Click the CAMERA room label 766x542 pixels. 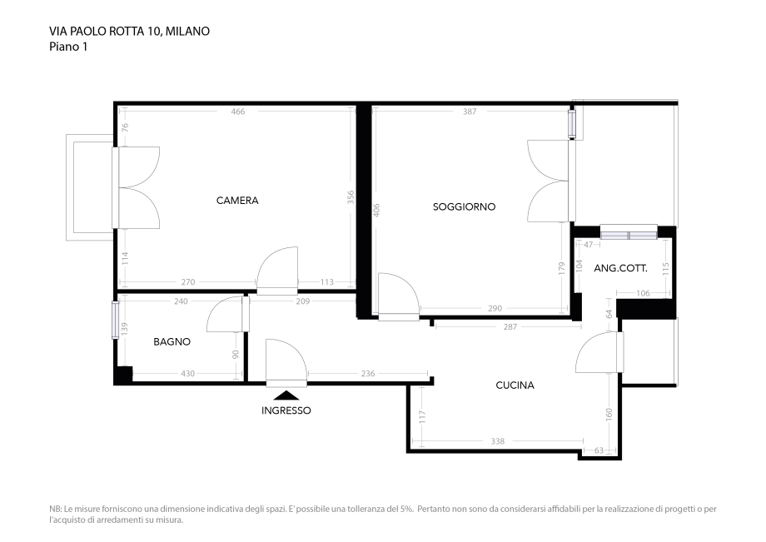tap(237, 201)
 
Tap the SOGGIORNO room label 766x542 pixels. tap(464, 207)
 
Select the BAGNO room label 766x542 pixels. tap(172, 342)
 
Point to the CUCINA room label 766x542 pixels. tap(515, 385)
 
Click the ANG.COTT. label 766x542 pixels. tap(621, 268)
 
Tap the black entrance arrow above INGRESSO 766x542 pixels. tap(286, 395)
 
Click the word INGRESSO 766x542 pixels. tap(286, 410)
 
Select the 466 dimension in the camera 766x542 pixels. tap(238, 112)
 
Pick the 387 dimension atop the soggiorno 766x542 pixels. tap(470, 112)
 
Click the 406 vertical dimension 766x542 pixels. tap(376, 211)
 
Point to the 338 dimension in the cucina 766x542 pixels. tap(497, 441)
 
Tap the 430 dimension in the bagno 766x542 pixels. tap(188, 374)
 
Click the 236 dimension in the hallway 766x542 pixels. tap(368, 374)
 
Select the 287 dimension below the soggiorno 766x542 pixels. tap(510, 327)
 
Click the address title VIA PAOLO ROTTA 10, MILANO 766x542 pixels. tap(129, 32)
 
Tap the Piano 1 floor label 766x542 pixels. tap(68, 47)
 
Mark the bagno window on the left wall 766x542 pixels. tap(115, 321)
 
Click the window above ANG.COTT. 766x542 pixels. tap(629, 232)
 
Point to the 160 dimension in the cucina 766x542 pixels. tap(609, 415)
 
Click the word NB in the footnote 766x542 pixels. tap(55, 510)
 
